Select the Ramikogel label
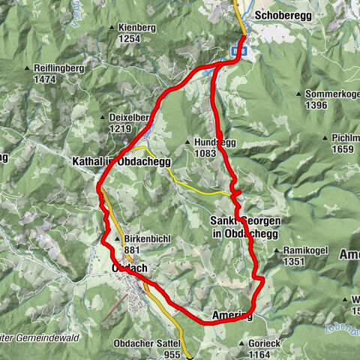(x=302, y=251)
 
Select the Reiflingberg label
(x=58, y=67)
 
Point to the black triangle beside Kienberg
(x=112, y=28)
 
